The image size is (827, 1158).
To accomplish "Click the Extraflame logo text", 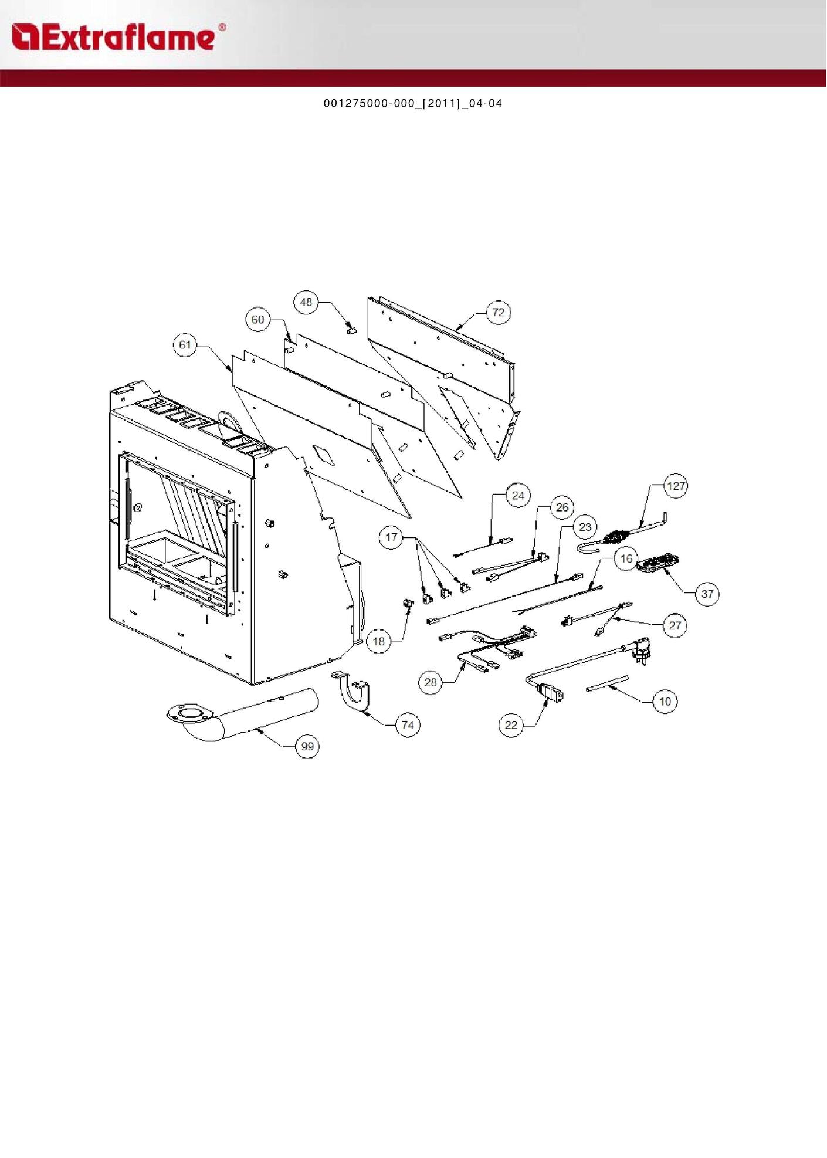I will coord(117,38).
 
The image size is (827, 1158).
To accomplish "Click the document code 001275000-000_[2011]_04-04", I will coord(413,104).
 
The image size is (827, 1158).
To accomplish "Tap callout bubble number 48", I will coord(306,302).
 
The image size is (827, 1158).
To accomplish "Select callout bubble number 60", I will coord(258,320).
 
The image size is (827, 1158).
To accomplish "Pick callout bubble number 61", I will coord(185,345).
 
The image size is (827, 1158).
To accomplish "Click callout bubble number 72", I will coord(499,312).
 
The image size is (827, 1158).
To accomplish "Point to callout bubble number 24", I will coord(518,496).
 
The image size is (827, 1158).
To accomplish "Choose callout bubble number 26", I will coord(562,507).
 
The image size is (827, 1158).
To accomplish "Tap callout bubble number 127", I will coord(676,486).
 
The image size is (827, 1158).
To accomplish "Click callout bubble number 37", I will coord(707,594).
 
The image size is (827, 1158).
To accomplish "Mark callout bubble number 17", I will coord(391,537).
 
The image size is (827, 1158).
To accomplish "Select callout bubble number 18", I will coord(379,641).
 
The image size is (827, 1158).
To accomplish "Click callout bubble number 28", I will coord(431,682).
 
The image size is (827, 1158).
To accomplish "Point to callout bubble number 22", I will coord(511,725).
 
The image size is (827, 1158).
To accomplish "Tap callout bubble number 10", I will coord(665,701).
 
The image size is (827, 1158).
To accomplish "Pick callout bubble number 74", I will coord(408,725).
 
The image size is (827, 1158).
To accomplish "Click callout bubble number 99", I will coord(307,746).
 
